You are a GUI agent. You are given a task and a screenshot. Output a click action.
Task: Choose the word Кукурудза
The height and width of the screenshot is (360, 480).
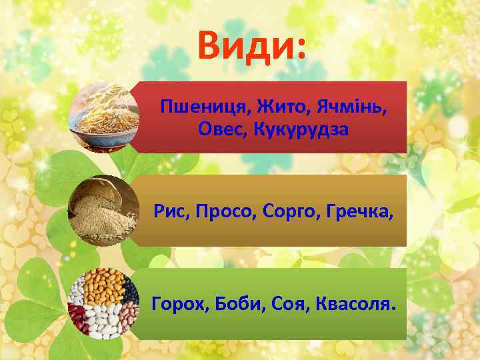pos(300,129)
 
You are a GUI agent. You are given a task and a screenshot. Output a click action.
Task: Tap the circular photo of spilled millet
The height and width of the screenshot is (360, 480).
pos(102,211)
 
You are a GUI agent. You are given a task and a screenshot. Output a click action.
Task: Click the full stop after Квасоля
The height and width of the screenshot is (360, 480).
pos(393,309)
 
